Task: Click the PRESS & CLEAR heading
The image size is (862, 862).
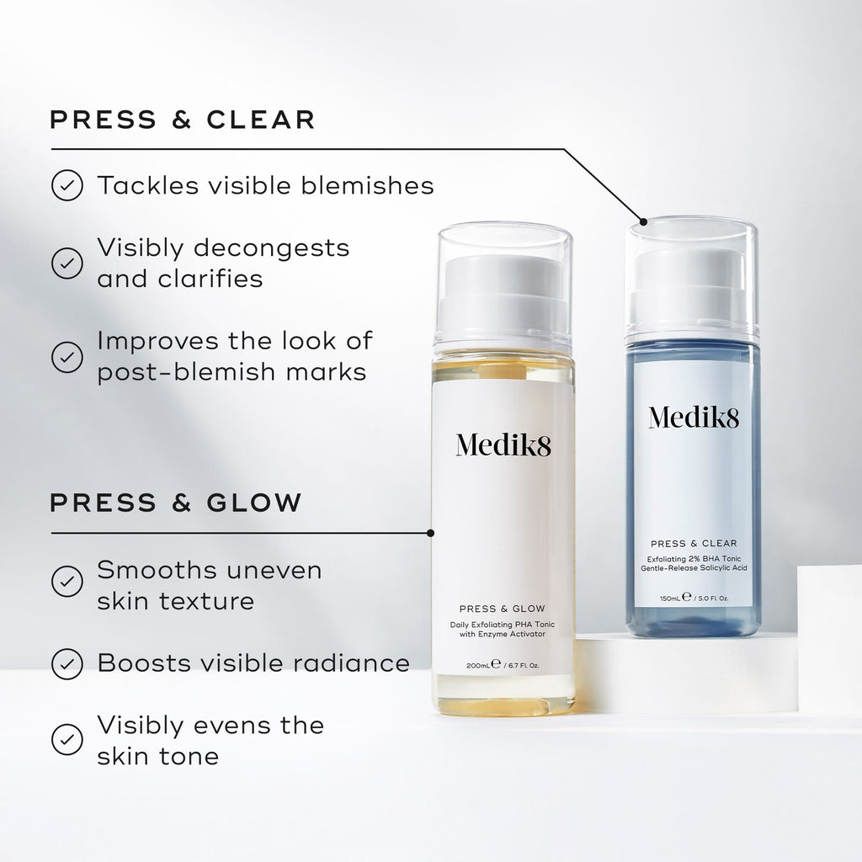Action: [x=182, y=120]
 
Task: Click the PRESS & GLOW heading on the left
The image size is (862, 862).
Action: [x=175, y=503]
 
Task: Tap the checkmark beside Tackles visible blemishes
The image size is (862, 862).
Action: [x=67, y=185]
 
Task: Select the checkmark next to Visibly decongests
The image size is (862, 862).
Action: [x=67, y=263]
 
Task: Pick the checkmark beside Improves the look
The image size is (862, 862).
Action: [x=67, y=356]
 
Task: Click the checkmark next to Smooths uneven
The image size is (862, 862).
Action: [x=67, y=581]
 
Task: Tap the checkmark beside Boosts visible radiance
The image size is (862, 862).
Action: [x=67, y=663]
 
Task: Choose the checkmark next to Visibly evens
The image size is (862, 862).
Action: [x=67, y=739]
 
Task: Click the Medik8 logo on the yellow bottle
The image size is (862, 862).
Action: [x=503, y=444]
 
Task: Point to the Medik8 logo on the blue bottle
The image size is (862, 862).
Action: [x=693, y=416]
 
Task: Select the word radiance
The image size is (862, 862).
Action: [x=355, y=663]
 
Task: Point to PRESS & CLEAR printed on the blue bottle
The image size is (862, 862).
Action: [x=693, y=543]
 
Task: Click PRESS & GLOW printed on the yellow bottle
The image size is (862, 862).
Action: [x=503, y=608]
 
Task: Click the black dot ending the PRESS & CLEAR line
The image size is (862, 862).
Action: [x=644, y=222]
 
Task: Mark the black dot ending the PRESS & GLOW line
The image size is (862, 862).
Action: [x=431, y=533]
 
